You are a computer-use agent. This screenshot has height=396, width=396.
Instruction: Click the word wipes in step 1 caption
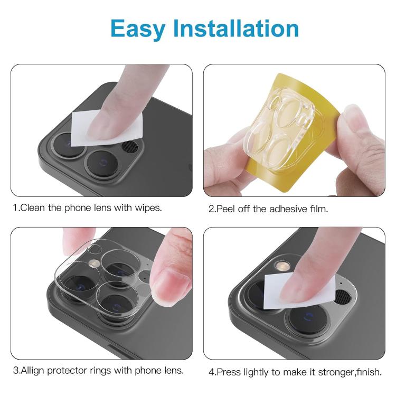[147, 208]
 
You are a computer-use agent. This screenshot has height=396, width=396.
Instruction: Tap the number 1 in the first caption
[15, 208]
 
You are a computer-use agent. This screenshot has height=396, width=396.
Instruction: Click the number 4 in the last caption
[211, 372]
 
